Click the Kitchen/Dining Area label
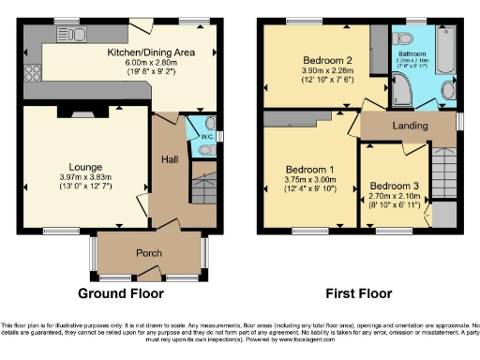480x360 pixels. (152, 52)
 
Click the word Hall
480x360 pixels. (171, 159)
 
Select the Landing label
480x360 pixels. (409, 126)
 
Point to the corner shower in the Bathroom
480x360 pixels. (404, 91)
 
